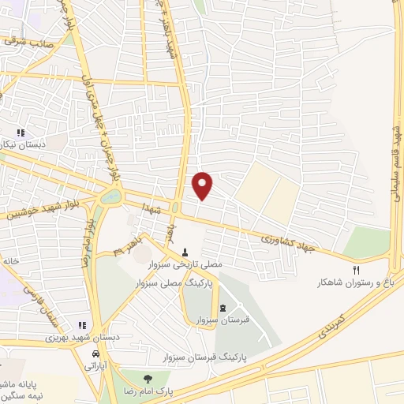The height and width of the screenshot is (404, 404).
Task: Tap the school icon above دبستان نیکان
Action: (21, 133)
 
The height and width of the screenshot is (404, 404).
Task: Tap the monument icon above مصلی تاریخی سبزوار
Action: (185, 253)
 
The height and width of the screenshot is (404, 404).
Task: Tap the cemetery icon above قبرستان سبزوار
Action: (223, 307)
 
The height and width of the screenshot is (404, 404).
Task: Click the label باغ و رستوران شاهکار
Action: (354, 282)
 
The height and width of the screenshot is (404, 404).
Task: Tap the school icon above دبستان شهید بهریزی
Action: (81, 325)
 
